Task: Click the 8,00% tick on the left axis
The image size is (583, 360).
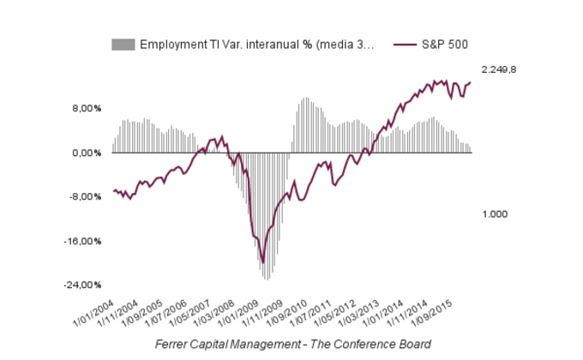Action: point(87,109)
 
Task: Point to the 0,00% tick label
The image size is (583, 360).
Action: point(87,153)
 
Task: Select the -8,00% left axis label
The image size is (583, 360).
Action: point(86,197)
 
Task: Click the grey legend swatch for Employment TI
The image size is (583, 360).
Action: point(123,44)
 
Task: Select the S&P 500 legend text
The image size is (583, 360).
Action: point(444,44)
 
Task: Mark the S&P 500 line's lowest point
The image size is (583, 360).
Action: point(263,263)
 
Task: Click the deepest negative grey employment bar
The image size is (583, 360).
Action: point(267,279)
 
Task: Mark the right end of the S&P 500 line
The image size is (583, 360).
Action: point(471,82)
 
